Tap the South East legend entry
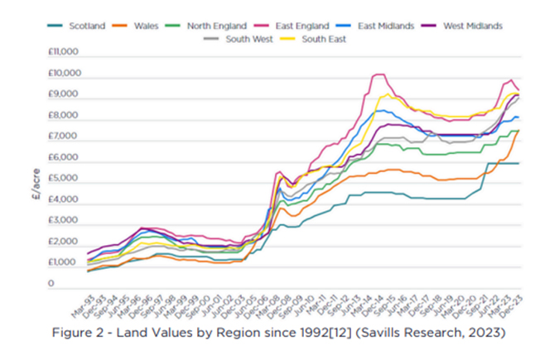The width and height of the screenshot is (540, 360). [323, 39]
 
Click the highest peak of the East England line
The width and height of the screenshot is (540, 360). [378, 74]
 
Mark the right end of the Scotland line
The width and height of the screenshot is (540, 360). [519, 163]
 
